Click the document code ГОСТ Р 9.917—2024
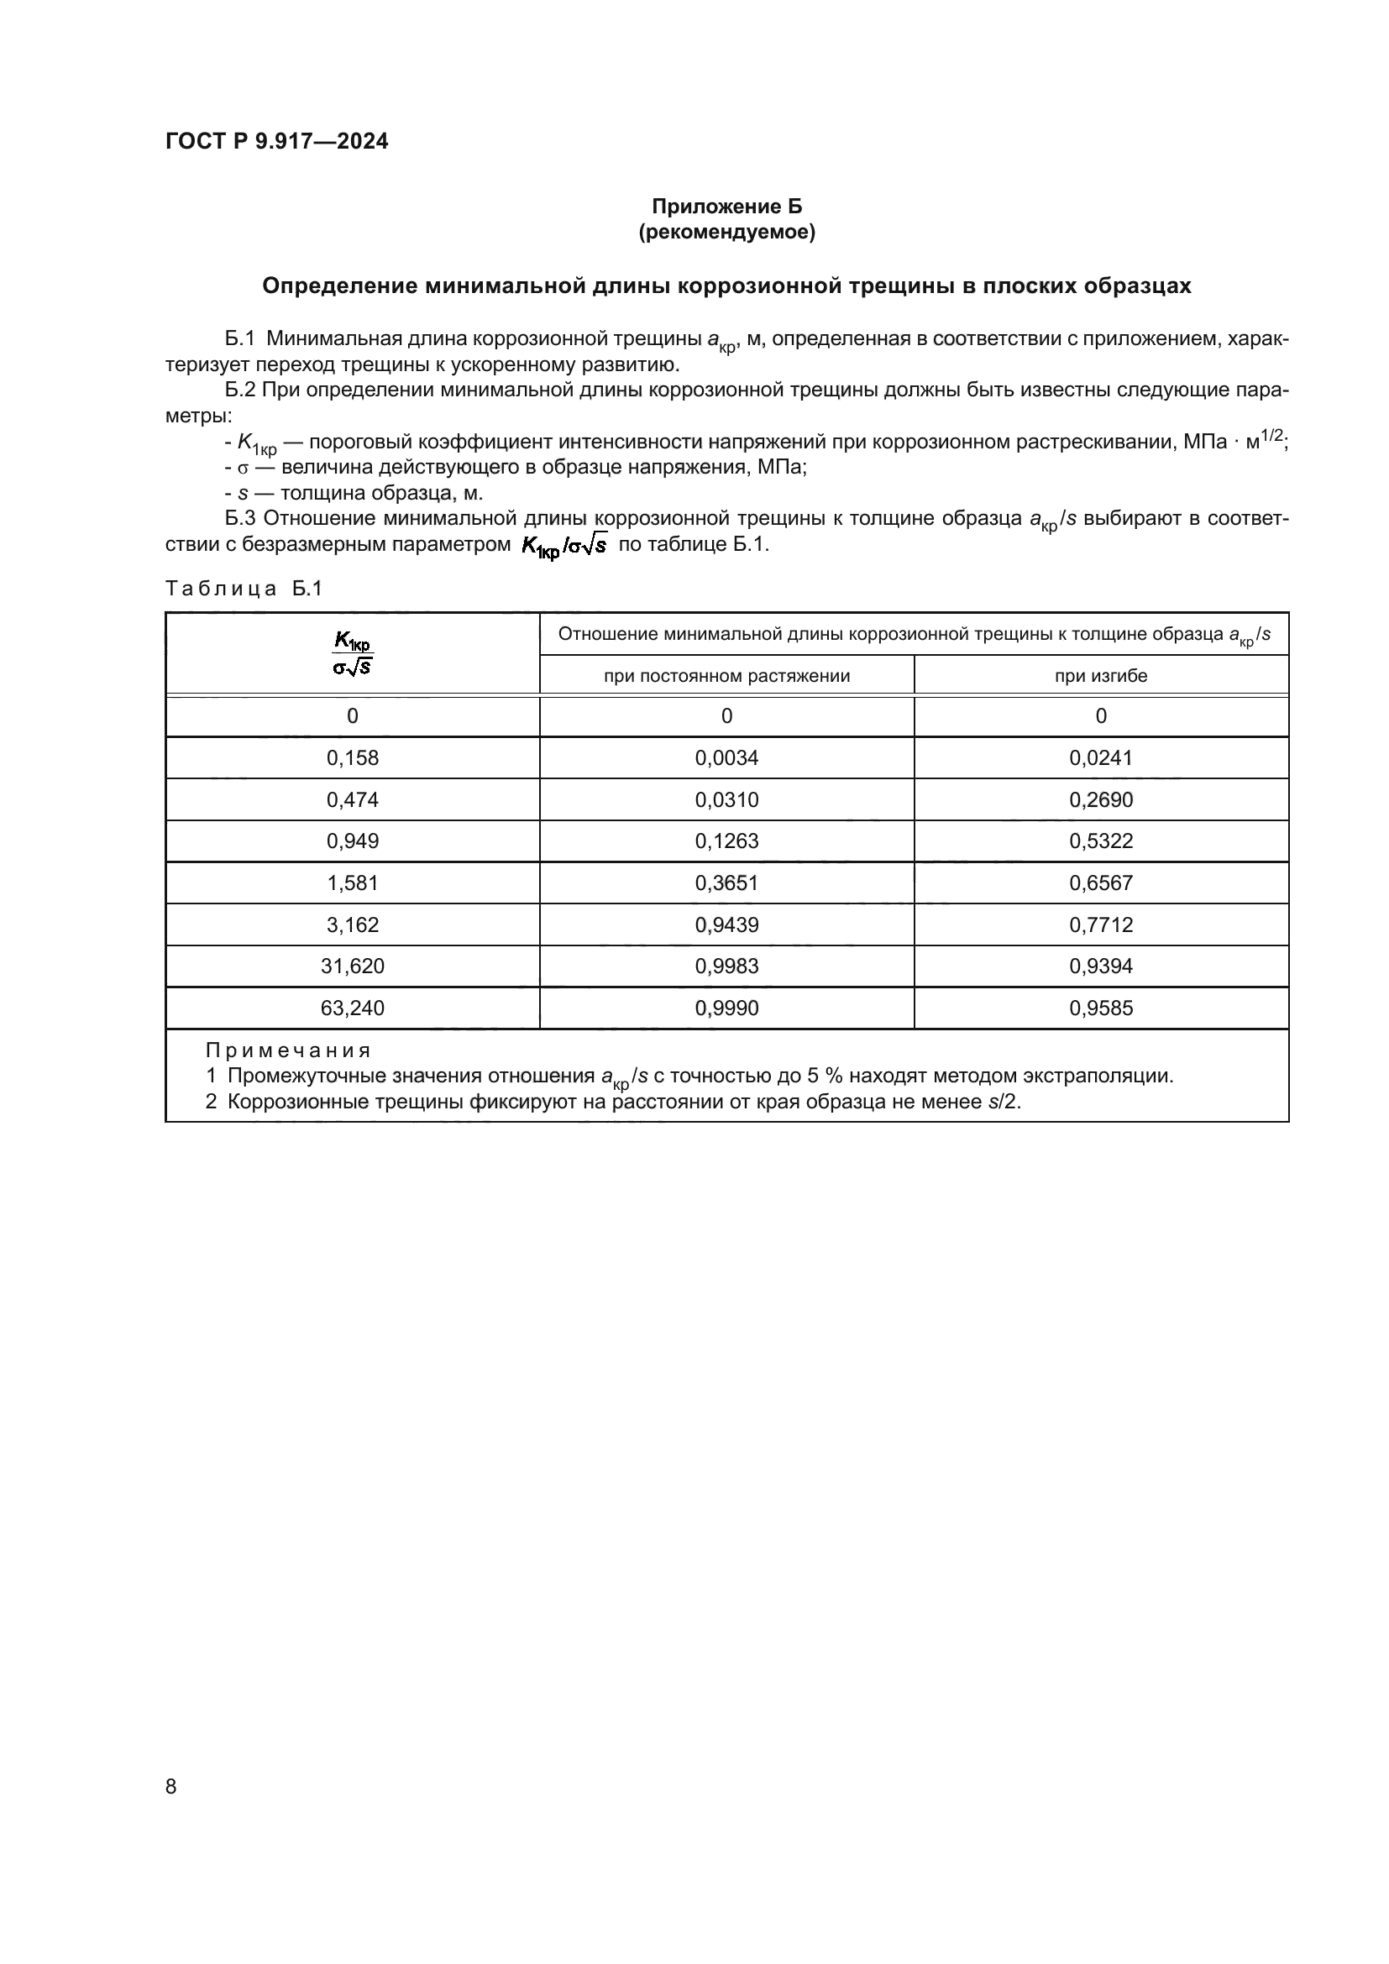click(276, 141)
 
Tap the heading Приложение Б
click(727, 207)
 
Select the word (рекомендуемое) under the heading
click(727, 232)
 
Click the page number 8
click(171, 1786)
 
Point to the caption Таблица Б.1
click(244, 589)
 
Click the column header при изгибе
click(1101, 676)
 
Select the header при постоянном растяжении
click(727, 676)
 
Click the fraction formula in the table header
click(353, 653)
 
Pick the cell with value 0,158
click(353, 758)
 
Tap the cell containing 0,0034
click(727, 758)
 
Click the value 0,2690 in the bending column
click(1101, 800)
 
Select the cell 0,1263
click(727, 841)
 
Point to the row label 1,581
click(353, 882)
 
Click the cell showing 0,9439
click(727, 924)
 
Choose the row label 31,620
click(353, 966)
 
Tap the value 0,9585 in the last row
click(1101, 1008)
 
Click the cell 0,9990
click(727, 1008)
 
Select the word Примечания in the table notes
click(287, 1050)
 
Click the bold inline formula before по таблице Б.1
click(563, 545)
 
